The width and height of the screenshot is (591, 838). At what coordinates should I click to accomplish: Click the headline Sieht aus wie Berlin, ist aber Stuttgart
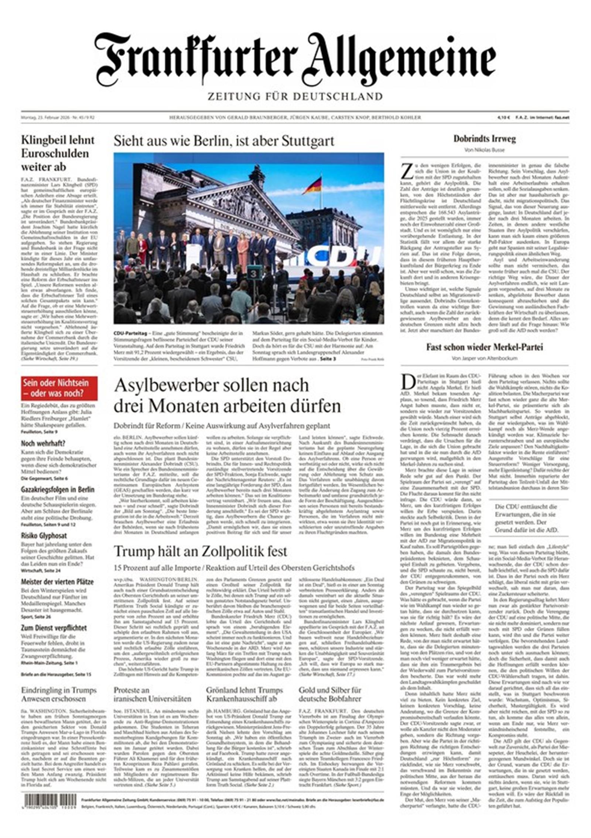click(x=223, y=141)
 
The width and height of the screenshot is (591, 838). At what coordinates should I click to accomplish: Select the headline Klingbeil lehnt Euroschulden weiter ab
click(x=58, y=153)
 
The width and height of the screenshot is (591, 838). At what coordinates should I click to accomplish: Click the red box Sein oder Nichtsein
click(x=59, y=388)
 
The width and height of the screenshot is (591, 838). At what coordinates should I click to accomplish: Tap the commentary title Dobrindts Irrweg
click(x=484, y=139)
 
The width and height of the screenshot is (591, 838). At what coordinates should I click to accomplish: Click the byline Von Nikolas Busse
click(x=484, y=150)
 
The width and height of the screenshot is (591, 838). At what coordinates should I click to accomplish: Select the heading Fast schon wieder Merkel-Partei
click(x=484, y=347)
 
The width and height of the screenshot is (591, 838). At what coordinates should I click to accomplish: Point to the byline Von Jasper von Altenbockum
click(x=484, y=358)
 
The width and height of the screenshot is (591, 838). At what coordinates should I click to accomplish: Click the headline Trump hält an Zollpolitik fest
click(x=200, y=551)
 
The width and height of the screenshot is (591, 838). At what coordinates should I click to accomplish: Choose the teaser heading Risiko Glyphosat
click(x=44, y=536)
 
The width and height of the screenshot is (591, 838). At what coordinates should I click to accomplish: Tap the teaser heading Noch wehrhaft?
click(x=43, y=443)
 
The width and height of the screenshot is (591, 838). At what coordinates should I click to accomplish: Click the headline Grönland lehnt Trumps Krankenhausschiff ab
click(x=245, y=694)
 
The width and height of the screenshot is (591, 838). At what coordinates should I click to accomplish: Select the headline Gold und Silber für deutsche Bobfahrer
click(x=330, y=694)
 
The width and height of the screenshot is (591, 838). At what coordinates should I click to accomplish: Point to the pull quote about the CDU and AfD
click(x=526, y=518)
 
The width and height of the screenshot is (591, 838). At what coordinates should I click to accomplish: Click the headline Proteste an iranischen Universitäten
click(x=152, y=694)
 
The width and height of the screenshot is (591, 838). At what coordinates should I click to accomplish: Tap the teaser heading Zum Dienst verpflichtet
click(x=54, y=628)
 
